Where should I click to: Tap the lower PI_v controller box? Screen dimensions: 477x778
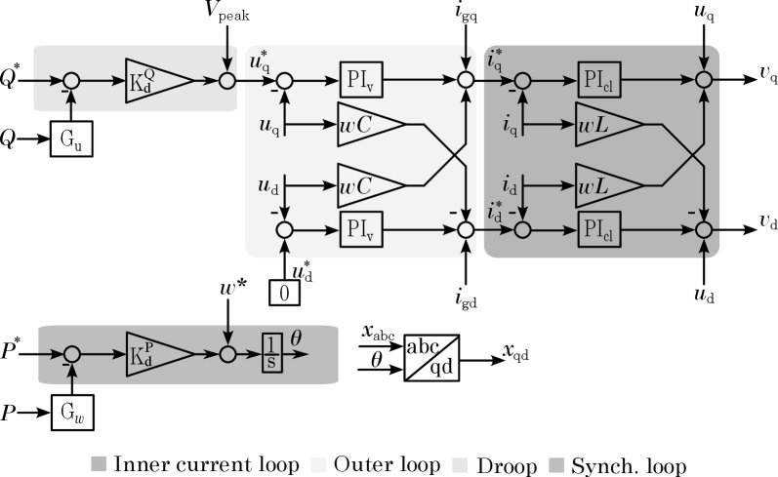pyautogui.click(x=360, y=230)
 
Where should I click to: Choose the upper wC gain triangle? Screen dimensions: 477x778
pyautogui.click(x=369, y=124)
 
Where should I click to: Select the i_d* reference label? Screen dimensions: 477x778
pyautogui.click(x=494, y=212)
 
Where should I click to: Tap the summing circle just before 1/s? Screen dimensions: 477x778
pyautogui.click(x=228, y=354)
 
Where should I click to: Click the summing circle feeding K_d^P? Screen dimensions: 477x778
pyautogui.click(x=72, y=354)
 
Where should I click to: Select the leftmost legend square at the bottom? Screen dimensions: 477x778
pyautogui.click(x=99, y=463)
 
